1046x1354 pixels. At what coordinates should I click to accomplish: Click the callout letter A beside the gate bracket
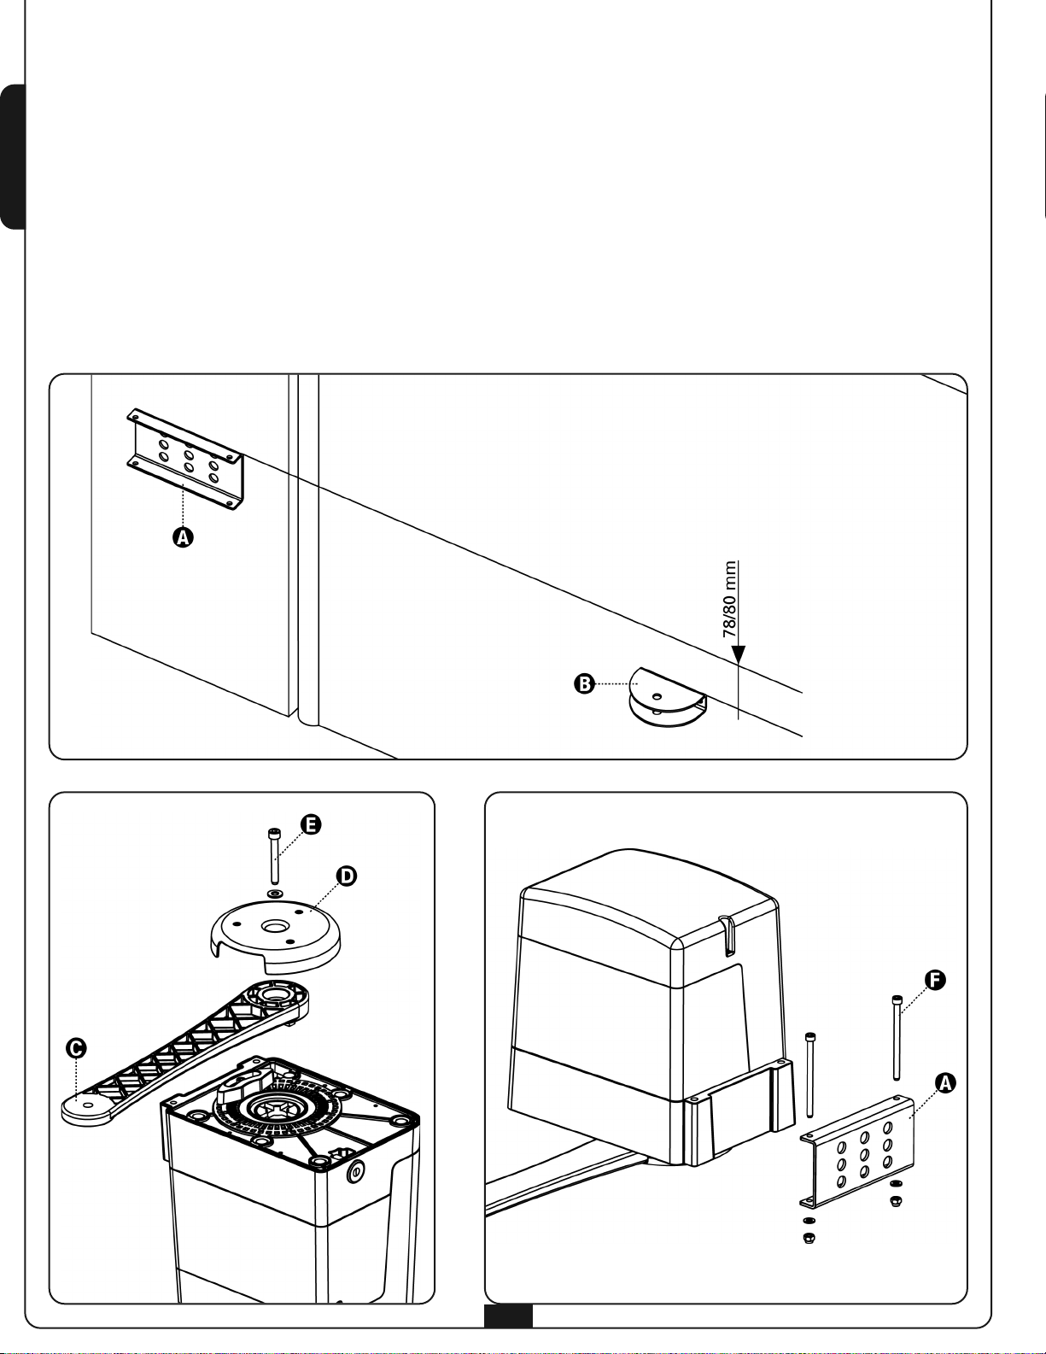[183, 537]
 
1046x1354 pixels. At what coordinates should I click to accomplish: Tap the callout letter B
[584, 683]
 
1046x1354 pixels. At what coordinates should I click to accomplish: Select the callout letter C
[77, 1047]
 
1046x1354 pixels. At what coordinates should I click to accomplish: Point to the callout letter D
[346, 876]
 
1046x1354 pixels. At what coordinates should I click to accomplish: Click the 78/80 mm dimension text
[729, 599]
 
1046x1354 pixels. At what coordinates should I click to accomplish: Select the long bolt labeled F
[897, 1037]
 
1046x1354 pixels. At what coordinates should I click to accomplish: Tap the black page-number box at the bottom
[508, 1316]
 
